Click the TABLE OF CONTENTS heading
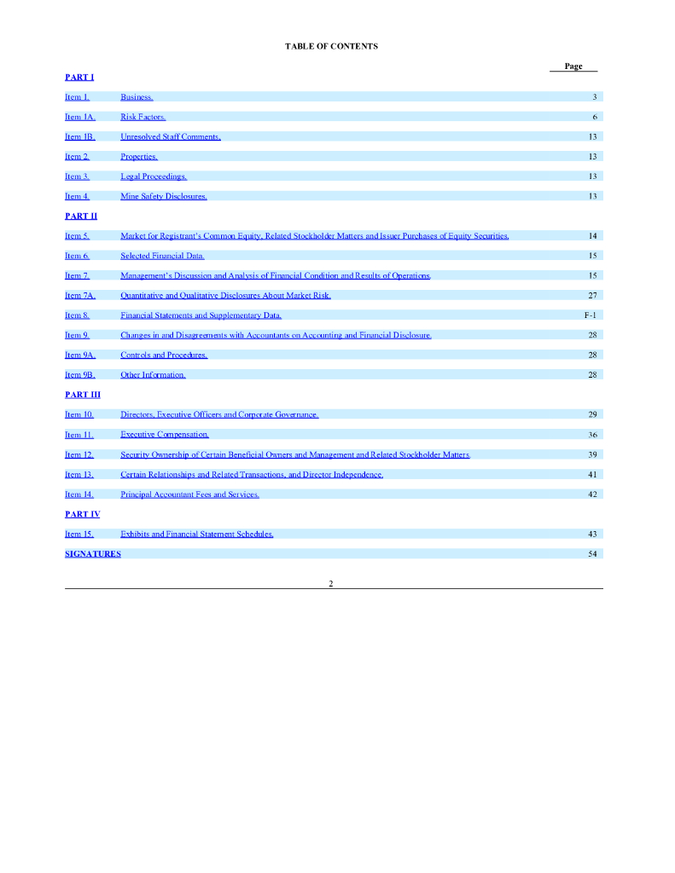click(x=331, y=46)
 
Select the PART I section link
click(x=79, y=78)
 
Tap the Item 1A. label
click(x=80, y=117)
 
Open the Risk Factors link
click(x=143, y=117)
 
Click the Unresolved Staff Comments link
click(x=171, y=136)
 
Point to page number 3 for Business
click(x=593, y=97)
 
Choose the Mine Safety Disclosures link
click(x=164, y=196)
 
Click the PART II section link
click(x=81, y=217)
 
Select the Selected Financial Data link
click(x=162, y=256)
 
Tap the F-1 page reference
click(x=590, y=315)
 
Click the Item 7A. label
click(x=80, y=296)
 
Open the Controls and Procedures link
click(x=164, y=355)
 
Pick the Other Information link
click(x=153, y=375)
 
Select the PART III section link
click(x=83, y=395)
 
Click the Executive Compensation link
click(x=165, y=435)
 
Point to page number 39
click(x=592, y=454)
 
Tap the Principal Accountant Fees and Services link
click(x=189, y=494)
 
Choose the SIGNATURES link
click(x=93, y=554)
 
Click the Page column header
click(x=573, y=66)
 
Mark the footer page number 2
click(x=331, y=583)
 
